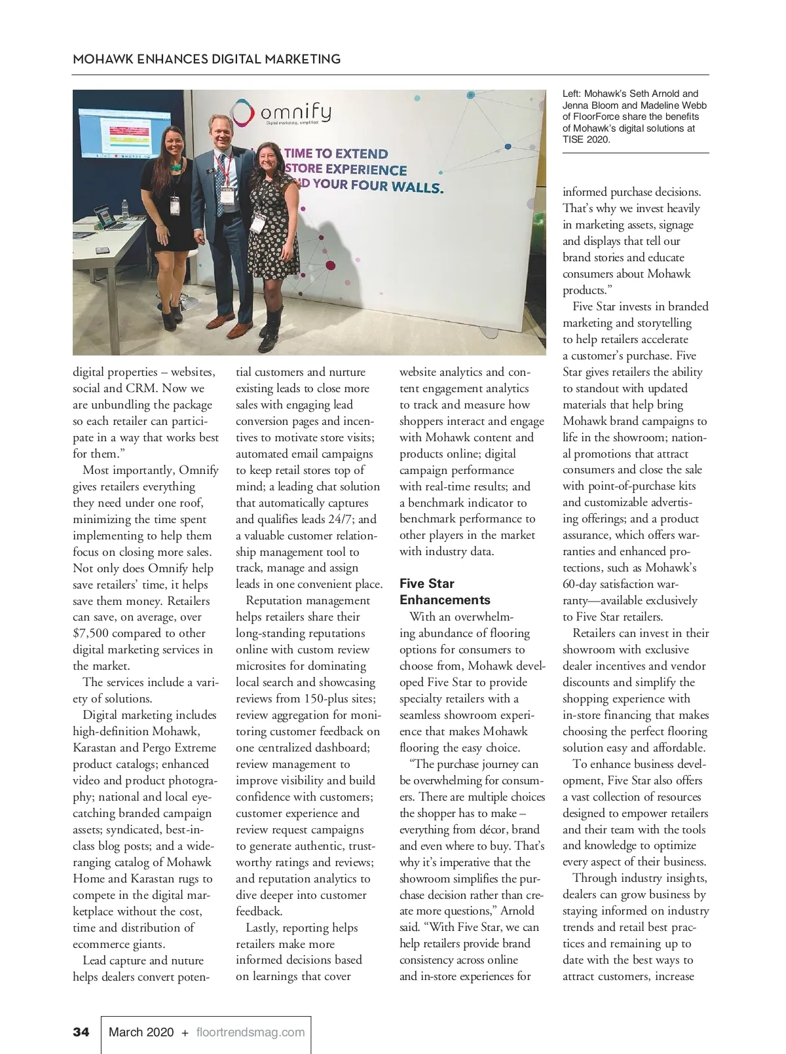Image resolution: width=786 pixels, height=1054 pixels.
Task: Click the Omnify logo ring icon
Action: pos(243,112)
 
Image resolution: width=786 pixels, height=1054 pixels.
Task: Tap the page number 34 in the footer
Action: pos(81,1032)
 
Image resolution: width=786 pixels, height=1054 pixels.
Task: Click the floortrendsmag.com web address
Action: pos(251,1032)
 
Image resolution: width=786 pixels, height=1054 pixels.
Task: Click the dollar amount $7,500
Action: pos(92,633)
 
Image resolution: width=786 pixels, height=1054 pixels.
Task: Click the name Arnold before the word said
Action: pos(517,911)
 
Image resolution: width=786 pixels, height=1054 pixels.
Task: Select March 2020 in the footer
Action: pos(141,1032)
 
